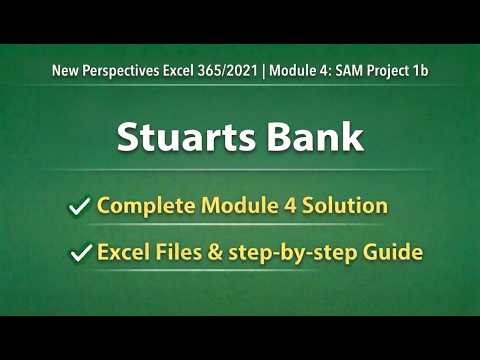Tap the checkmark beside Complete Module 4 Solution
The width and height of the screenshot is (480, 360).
click(78, 207)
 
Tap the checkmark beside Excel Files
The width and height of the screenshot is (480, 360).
click(78, 254)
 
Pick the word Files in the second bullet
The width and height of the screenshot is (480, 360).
click(174, 253)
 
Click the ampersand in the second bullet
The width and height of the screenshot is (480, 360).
click(211, 253)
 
